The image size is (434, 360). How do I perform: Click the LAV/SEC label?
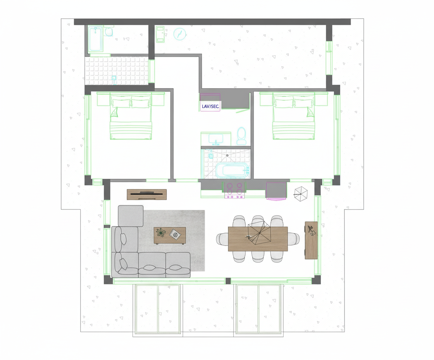click(210, 106)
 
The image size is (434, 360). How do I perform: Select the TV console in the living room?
click(147, 195)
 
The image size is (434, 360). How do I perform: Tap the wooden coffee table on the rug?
click(170, 235)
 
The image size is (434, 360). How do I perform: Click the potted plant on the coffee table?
click(161, 232)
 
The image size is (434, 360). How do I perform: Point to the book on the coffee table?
click(175, 235)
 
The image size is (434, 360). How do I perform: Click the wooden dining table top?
click(258, 239)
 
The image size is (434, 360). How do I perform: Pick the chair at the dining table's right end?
click(293, 239)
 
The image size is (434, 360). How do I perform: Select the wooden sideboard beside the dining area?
click(311, 240)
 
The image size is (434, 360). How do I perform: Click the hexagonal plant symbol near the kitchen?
click(301, 194)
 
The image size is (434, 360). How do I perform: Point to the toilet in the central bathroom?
click(241, 136)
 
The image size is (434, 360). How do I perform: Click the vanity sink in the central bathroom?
click(216, 139)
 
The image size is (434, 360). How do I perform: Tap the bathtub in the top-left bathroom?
click(95, 39)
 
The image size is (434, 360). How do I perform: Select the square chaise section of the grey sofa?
click(131, 216)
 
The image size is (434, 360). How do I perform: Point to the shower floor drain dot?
click(227, 156)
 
